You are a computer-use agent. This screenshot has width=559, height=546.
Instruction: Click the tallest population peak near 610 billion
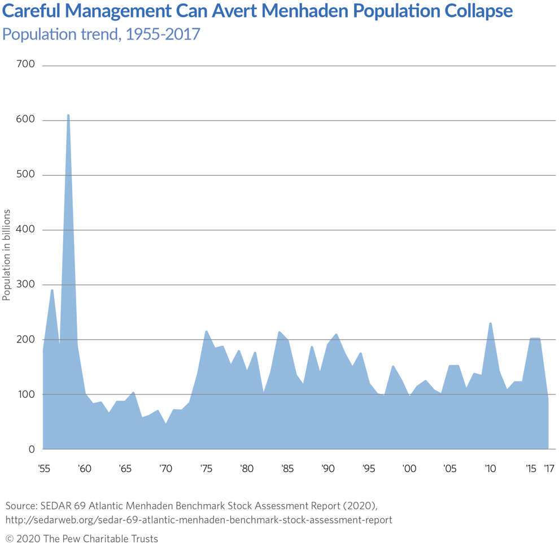[x=68, y=115]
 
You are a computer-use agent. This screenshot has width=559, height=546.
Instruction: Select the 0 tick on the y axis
[x=32, y=449]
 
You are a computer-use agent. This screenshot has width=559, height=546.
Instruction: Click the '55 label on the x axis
[x=43, y=469]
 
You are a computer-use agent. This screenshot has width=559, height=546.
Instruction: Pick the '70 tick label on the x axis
[x=165, y=469]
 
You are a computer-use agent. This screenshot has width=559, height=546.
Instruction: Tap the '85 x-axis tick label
[x=287, y=469]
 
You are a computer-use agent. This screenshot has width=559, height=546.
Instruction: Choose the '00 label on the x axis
[x=409, y=469]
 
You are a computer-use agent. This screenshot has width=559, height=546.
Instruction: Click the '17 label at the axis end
[x=548, y=469]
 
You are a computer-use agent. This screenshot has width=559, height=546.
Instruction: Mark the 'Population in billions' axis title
[x=7, y=254]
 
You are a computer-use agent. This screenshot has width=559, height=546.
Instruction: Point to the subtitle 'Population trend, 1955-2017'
[x=102, y=34]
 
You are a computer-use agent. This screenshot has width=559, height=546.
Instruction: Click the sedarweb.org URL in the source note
[x=199, y=519]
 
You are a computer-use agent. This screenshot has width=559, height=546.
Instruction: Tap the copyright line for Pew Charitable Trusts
[x=82, y=538]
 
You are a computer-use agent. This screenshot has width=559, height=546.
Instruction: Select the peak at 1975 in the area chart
[x=206, y=331]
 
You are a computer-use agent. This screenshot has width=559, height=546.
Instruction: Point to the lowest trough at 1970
[x=165, y=423]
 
